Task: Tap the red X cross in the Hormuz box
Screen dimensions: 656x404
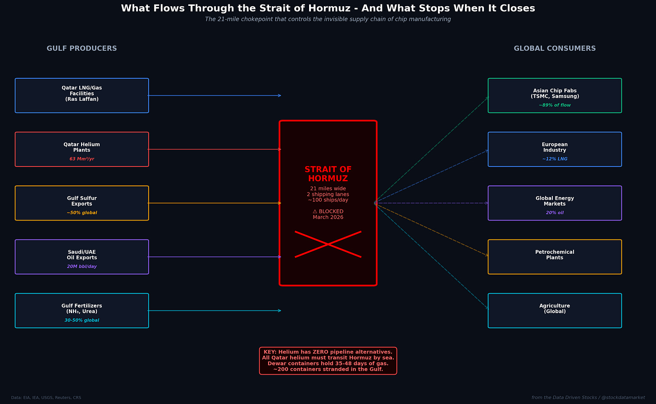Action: click(328, 244)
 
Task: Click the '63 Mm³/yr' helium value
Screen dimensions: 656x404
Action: click(82, 159)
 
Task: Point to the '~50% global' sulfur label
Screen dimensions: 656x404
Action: click(82, 213)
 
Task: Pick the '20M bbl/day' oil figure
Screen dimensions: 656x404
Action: click(82, 267)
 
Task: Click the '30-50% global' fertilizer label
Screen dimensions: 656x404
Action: click(82, 320)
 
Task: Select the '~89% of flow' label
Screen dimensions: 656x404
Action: click(555, 105)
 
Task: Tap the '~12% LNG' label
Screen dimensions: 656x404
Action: click(555, 159)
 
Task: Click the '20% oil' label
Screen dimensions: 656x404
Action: click(555, 213)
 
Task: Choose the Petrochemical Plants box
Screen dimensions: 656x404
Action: click(555, 256)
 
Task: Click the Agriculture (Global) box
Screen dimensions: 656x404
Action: click(555, 310)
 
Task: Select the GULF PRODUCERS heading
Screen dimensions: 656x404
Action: click(82, 49)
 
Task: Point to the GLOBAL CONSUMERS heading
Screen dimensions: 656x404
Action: click(555, 49)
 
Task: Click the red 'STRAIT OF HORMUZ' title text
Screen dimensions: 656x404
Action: click(328, 174)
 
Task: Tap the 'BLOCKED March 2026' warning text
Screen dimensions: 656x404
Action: click(328, 215)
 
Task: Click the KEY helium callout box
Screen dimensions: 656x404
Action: click(328, 361)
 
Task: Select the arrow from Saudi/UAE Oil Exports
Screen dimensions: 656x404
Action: click(214, 257)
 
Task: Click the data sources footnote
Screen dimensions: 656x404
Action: click(46, 398)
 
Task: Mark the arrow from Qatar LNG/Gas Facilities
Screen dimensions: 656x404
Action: click(214, 95)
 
